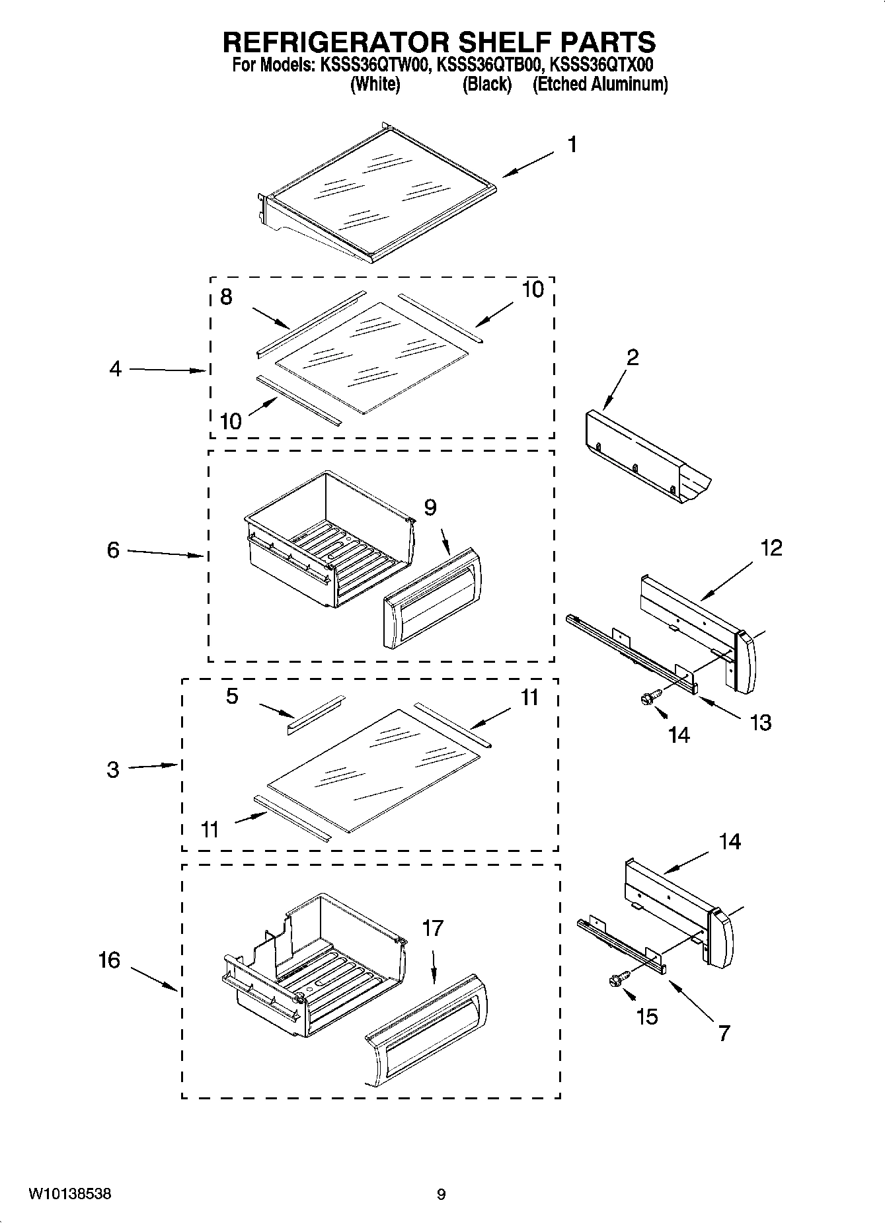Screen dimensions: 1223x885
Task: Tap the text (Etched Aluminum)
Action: (x=600, y=85)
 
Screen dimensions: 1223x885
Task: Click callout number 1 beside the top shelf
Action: (x=572, y=144)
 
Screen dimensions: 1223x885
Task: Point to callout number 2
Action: (x=632, y=358)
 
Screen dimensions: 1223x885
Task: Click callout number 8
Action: (x=226, y=297)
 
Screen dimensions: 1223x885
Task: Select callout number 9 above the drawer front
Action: (x=430, y=507)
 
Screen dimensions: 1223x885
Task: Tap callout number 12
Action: (x=771, y=548)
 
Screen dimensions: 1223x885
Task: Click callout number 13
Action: (x=760, y=722)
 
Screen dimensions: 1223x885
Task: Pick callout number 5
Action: (x=231, y=696)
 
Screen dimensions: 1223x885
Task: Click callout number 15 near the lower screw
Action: (x=646, y=1017)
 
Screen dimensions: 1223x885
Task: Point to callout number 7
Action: (x=724, y=1033)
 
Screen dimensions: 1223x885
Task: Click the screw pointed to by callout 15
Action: (x=616, y=982)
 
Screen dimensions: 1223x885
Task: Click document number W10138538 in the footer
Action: (x=69, y=1194)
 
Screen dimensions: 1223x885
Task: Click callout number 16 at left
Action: (x=110, y=960)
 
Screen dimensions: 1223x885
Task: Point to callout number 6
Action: (x=114, y=550)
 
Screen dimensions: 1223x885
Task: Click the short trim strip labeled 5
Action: (x=316, y=714)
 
